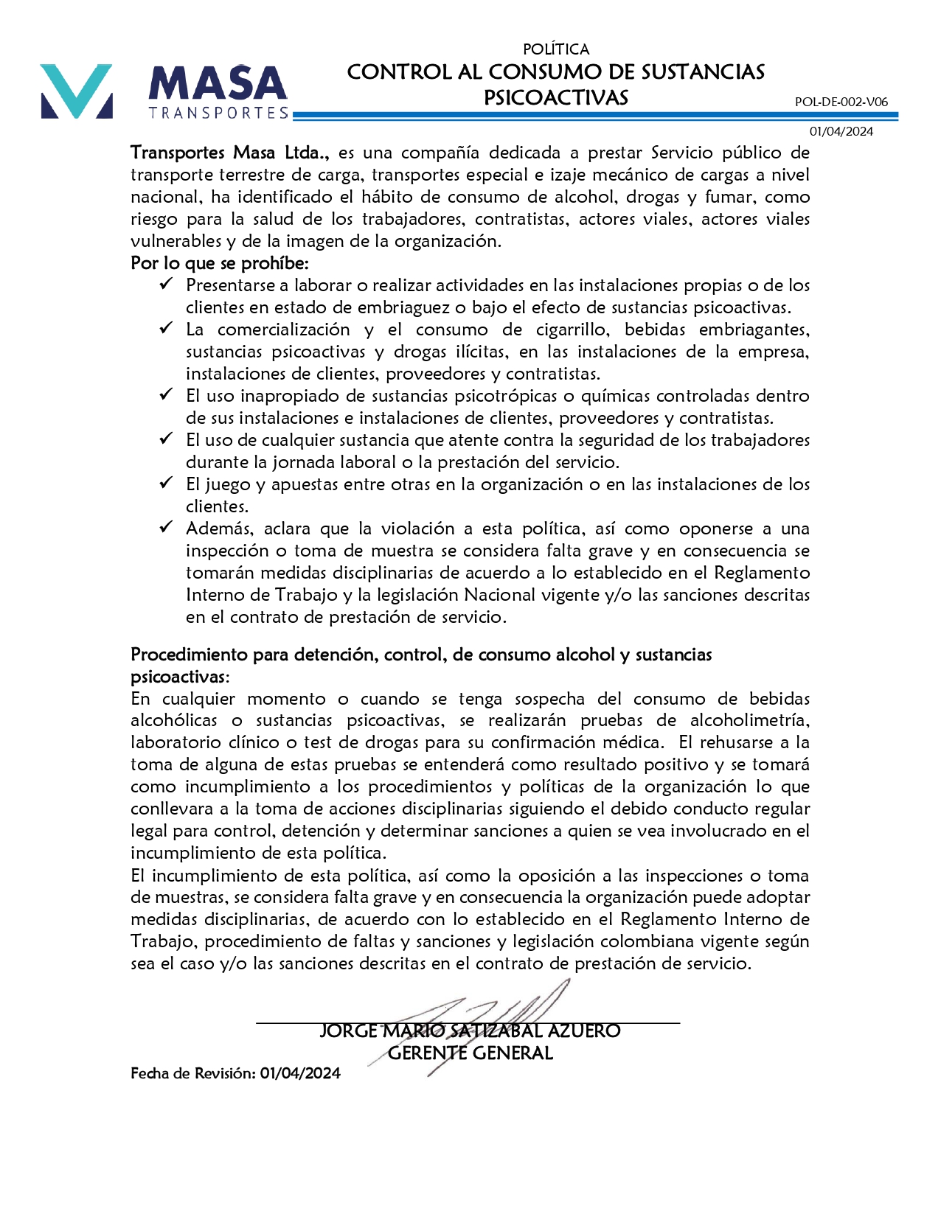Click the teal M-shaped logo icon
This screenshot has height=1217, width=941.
(77, 91)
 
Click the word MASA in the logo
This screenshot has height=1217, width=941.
(218, 83)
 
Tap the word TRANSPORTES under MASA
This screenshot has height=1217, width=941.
(218, 113)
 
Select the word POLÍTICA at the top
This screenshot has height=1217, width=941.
(556, 49)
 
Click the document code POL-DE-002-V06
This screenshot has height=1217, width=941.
(841, 102)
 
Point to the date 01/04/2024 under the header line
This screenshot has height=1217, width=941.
(841, 131)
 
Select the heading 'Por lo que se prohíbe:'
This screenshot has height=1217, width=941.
(220, 263)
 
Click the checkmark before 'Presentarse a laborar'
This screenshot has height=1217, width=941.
(166, 284)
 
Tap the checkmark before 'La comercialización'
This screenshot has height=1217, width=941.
(166, 328)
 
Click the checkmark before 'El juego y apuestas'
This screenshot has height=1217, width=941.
(166, 483)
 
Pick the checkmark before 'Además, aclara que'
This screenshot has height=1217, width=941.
(166, 527)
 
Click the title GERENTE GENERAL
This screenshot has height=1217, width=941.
(471, 1053)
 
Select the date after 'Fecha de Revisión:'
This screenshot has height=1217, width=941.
(300, 1073)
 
